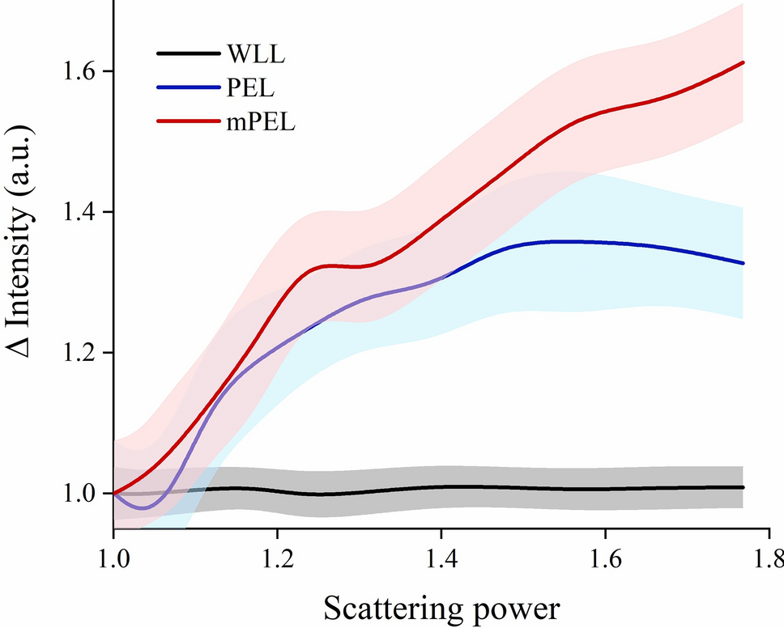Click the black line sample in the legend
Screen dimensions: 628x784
pos(188,54)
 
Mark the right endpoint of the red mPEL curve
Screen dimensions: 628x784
pos(743,62)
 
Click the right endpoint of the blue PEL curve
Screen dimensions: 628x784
pos(743,263)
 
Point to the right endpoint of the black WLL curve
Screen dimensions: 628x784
pos(743,487)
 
